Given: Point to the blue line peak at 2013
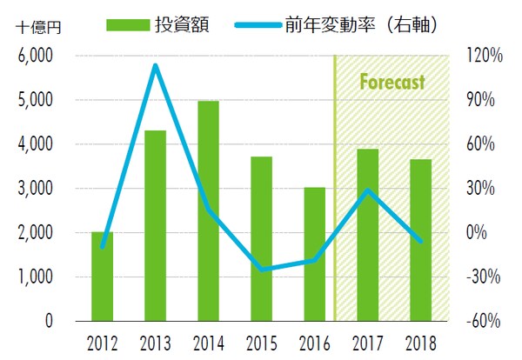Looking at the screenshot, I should pos(155,65).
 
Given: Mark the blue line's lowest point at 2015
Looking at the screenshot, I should pos(261,270).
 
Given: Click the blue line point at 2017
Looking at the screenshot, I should pos(367,190).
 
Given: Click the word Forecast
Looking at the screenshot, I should pos(392,83).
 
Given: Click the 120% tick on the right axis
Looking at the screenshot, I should pos(485,56).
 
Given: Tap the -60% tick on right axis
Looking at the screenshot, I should pos(485,322).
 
